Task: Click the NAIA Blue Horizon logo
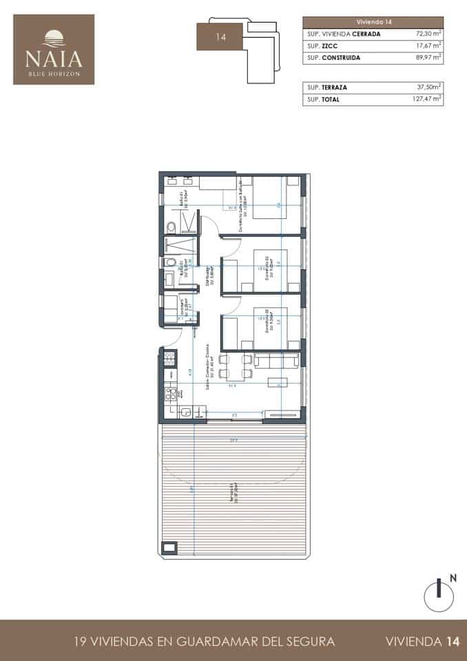[x=54, y=50]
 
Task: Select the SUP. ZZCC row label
[x=317, y=45]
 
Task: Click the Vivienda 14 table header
[x=373, y=22]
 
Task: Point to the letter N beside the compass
[x=453, y=578]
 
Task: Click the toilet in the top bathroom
[x=171, y=225]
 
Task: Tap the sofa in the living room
[x=276, y=360]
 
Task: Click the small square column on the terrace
[x=169, y=548]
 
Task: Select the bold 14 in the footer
[x=452, y=642]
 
